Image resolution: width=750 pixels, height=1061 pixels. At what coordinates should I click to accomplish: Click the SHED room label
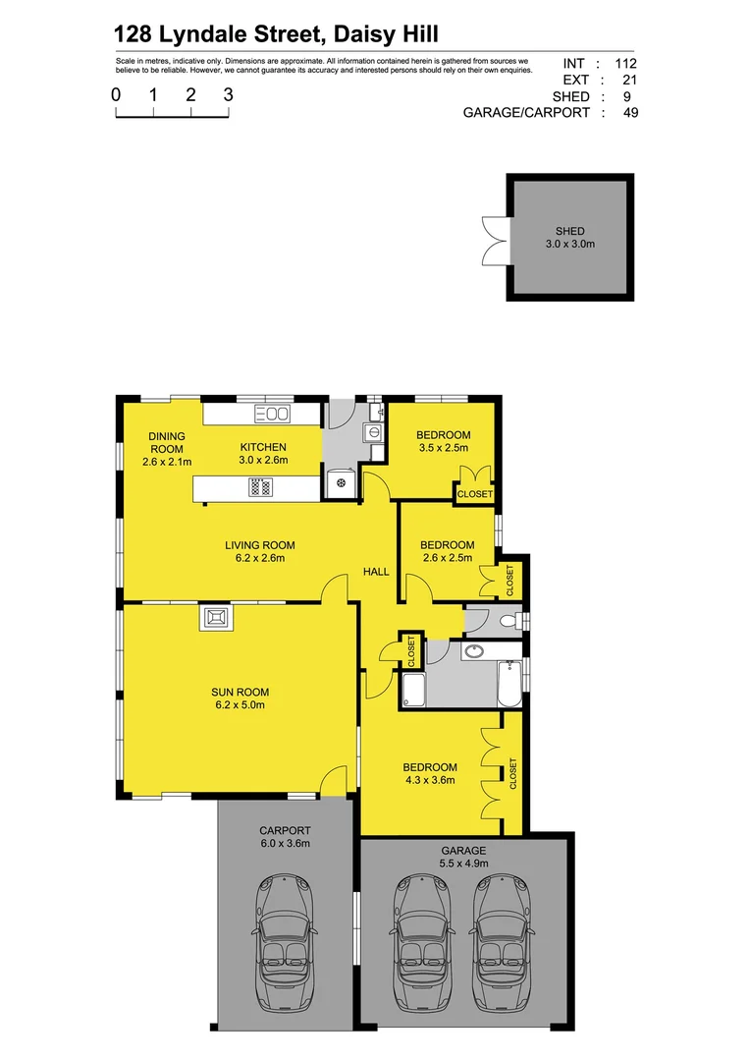coord(569,232)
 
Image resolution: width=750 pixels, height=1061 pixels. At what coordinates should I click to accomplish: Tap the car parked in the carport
coord(284,947)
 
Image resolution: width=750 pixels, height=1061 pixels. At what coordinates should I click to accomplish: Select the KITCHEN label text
coord(263,448)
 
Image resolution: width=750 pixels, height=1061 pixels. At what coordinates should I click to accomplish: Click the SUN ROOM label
coord(240,692)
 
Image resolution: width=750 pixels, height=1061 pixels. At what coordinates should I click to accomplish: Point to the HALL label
coord(377,572)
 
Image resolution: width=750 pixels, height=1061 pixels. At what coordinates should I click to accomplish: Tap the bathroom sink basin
coord(473,650)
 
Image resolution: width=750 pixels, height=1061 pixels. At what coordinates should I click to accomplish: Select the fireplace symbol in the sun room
coord(215,618)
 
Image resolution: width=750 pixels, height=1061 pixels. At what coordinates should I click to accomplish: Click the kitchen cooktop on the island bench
coord(261,486)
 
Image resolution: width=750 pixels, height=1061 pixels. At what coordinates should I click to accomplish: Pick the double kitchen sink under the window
coord(271,415)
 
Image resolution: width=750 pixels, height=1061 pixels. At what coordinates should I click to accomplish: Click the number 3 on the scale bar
coord(228,95)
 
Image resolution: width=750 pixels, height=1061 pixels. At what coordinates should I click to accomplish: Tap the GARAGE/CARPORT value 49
coord(630,113)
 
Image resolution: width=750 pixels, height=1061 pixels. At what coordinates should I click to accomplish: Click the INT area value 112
coord(626,63)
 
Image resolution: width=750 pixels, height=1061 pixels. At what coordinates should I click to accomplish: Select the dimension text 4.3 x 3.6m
coord(430,781)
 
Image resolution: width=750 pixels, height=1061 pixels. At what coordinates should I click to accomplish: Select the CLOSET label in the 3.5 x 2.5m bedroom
coord(475,494)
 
